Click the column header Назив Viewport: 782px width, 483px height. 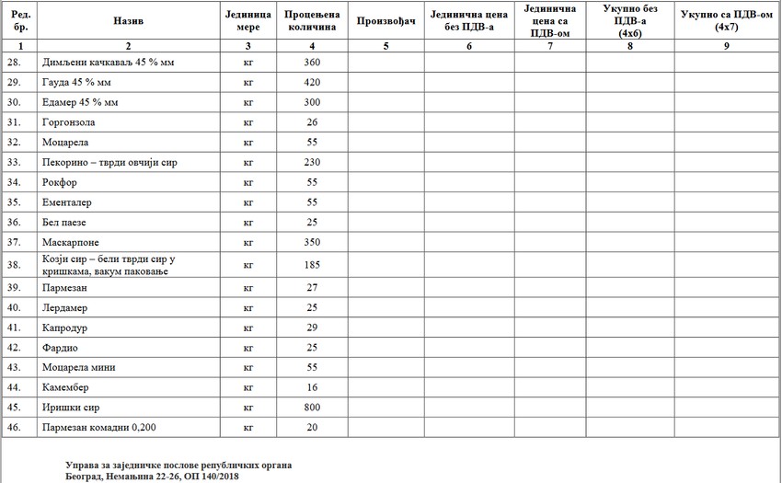(128, 19)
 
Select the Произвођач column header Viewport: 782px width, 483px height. (385, 20)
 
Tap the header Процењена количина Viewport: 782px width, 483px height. (311, 20)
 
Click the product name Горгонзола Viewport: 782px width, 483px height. (69, 121)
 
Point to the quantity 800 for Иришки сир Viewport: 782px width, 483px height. (311, 408)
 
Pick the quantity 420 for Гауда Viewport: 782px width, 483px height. (311, 82)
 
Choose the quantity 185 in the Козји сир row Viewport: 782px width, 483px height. (311, 265)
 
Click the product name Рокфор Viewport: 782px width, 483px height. (59, 182)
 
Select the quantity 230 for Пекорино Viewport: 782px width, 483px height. (311, 162)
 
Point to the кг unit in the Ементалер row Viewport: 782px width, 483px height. (247, 202)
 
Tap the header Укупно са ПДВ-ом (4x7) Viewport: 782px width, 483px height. (726, 20)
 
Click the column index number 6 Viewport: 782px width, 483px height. (468, 45)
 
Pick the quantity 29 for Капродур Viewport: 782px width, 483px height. (311, 328)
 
